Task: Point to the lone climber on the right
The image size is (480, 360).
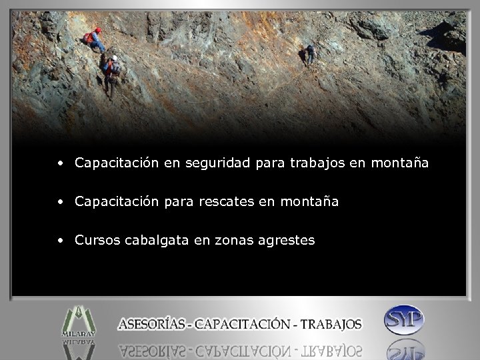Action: click(310, 55)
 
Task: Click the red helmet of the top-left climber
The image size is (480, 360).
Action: click(98, 30)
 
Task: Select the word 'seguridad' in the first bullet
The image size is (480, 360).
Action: click(219, 163)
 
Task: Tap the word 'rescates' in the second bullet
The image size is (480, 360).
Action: click(225, 201)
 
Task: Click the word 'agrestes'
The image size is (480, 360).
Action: click(287, 240)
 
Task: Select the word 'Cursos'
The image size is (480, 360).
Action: click(97, 240)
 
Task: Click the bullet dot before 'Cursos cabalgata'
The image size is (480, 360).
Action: click(61, 240)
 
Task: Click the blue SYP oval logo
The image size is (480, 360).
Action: click(404, 320)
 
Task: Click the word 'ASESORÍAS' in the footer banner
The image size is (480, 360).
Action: click(153, 325)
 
